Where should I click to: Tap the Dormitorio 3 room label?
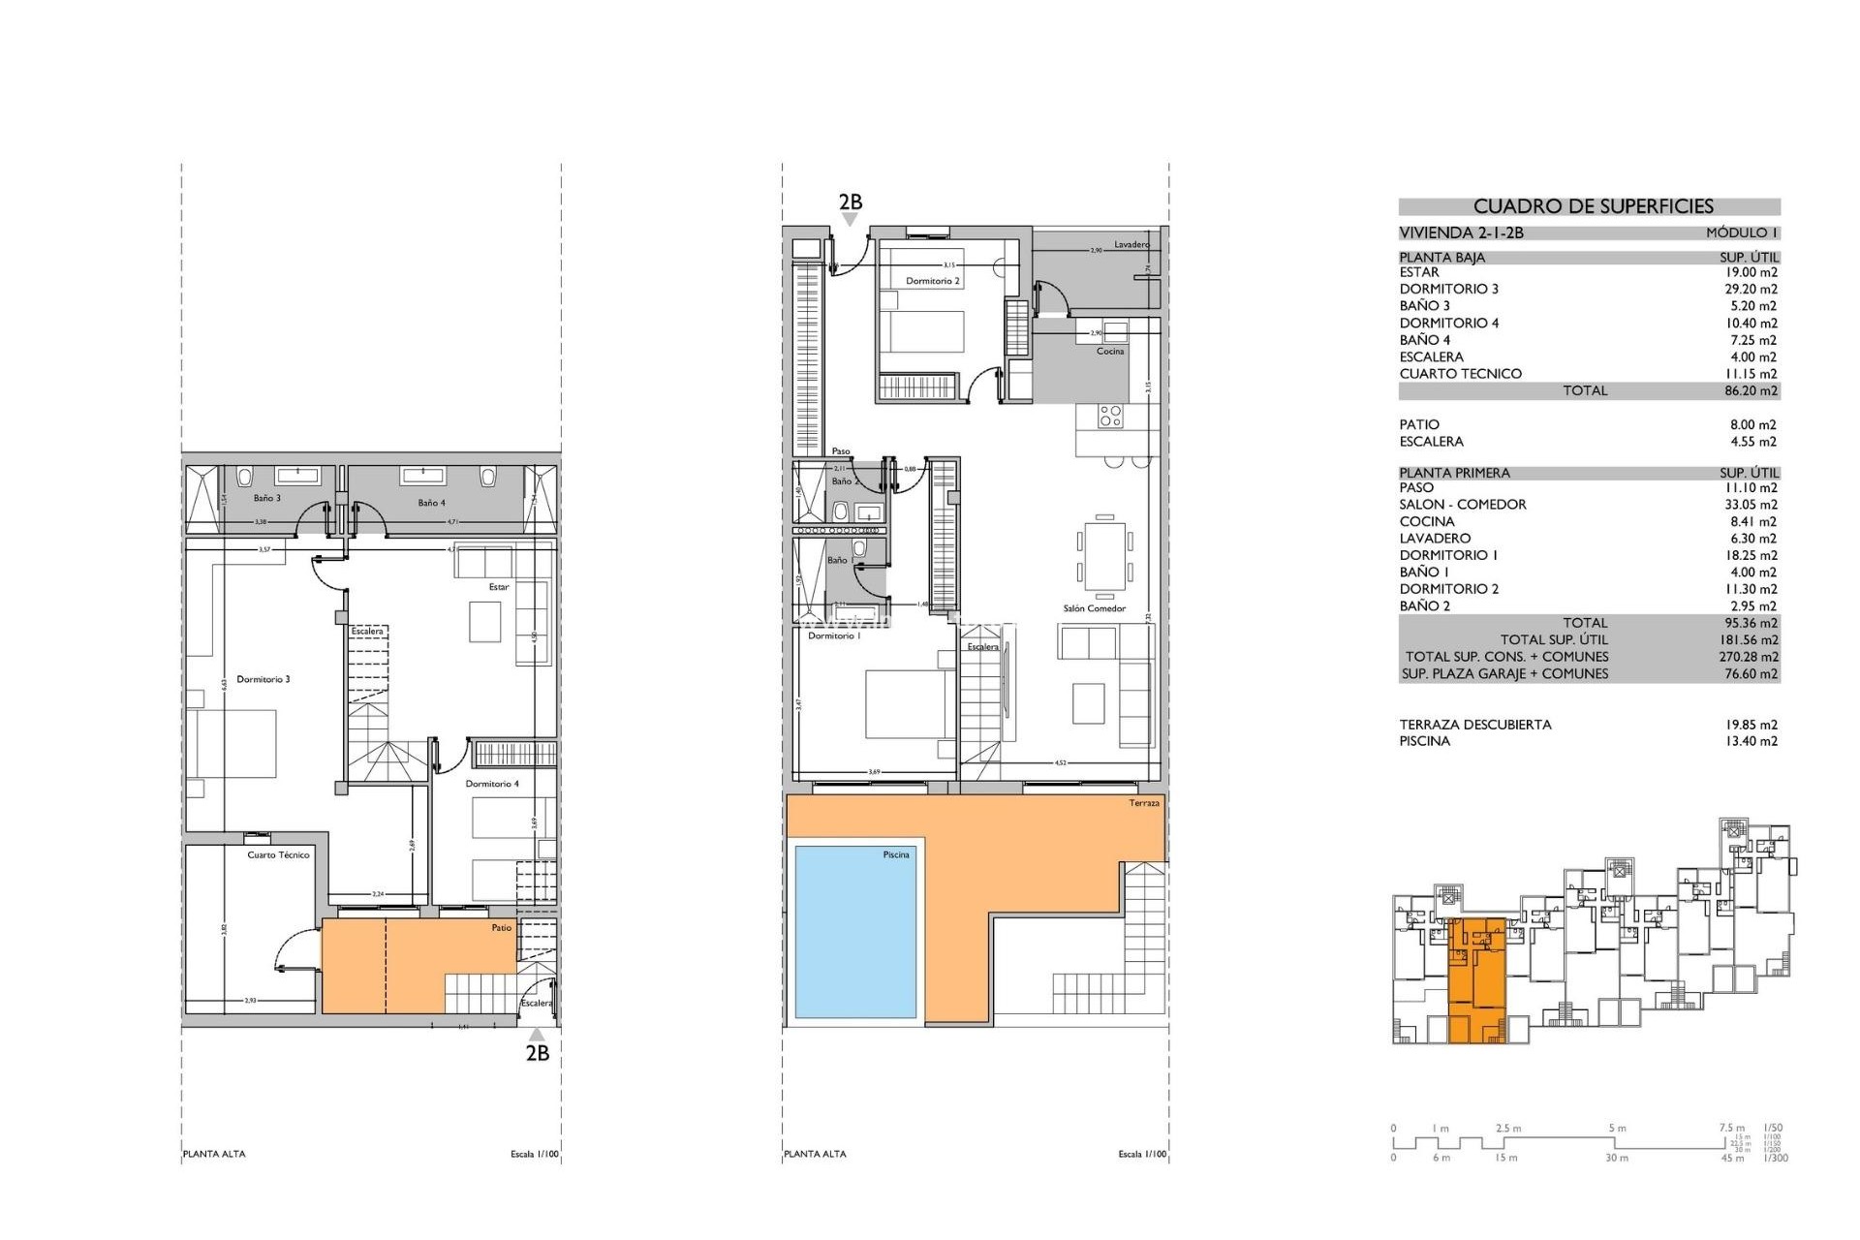pos(263,680)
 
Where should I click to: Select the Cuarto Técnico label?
pos(278,855)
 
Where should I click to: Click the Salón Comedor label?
pos(1095,608)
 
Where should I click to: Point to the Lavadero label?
pos(1131,245)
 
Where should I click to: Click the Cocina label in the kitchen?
pos(1110,352)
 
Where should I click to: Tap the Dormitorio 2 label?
pos(933,282)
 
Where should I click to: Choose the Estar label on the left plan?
pos(498,587)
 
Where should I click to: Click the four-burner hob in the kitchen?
pos(1110,417)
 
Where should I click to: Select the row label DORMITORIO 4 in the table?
pos(1448,324)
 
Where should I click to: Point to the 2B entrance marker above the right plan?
pos(850,203)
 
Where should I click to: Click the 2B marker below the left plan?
pos(537,1053)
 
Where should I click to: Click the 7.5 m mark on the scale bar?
pos(1732,1128)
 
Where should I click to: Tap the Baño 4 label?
pos(431,504)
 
